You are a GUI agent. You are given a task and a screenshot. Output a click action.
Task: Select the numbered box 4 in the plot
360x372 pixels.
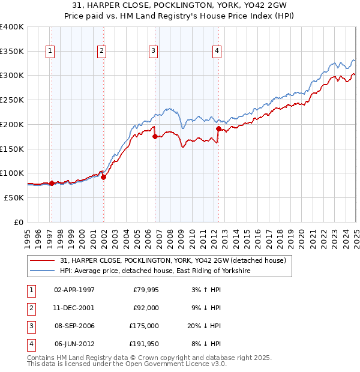click(216, 52)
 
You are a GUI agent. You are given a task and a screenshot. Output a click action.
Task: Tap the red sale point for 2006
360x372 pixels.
click(155, 137)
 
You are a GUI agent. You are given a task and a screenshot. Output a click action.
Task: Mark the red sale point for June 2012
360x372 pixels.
click(218, 128)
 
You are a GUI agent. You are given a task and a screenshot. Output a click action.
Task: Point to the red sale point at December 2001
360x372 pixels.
click(104, 177)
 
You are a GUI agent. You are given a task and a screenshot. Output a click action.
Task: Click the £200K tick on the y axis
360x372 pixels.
click(12, 124)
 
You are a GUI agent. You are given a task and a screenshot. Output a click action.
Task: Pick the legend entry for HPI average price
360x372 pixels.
click(155, 271)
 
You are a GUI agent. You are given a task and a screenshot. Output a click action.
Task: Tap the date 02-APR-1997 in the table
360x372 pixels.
click(74, 290)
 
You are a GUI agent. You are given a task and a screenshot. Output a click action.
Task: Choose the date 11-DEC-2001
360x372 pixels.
click(74, 308)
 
